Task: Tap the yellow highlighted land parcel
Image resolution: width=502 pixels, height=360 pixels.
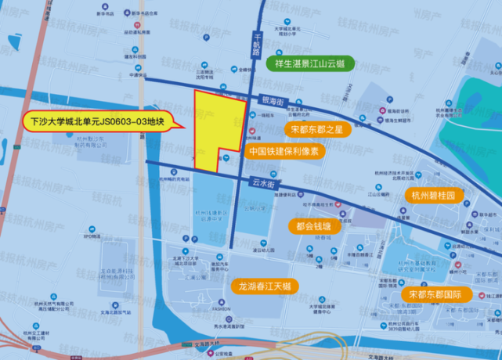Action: pos(213,125)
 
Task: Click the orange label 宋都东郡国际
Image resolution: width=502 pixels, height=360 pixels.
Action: pos(435,294)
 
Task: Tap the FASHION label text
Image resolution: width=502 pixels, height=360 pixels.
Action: pos(222,308)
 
